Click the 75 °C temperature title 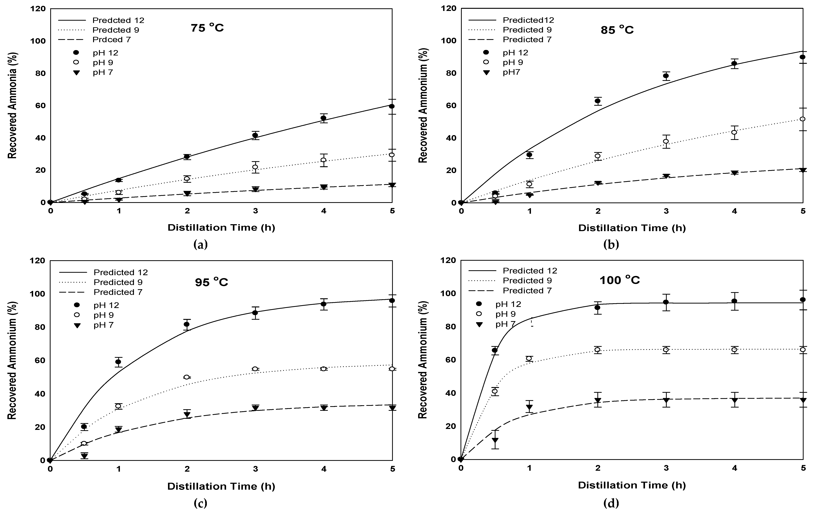pyautogui.click(x=207, y=28)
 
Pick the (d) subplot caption pyautogui.click(x=611, y=503)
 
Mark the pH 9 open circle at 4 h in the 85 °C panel pyautogui.click(x=734, y=132)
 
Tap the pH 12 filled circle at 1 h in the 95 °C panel pyautogui.click(x=118, y=362)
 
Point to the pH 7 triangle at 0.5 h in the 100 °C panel pyautogui.click(x=495, y=440)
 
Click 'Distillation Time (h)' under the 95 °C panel pyautogui.click(x=221, y=486)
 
